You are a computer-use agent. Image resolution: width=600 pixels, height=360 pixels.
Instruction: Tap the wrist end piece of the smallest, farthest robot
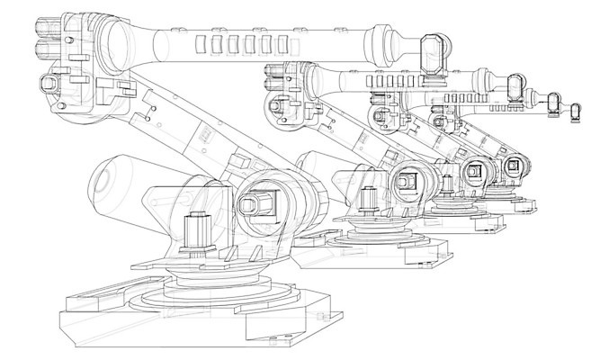(577, 111)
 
